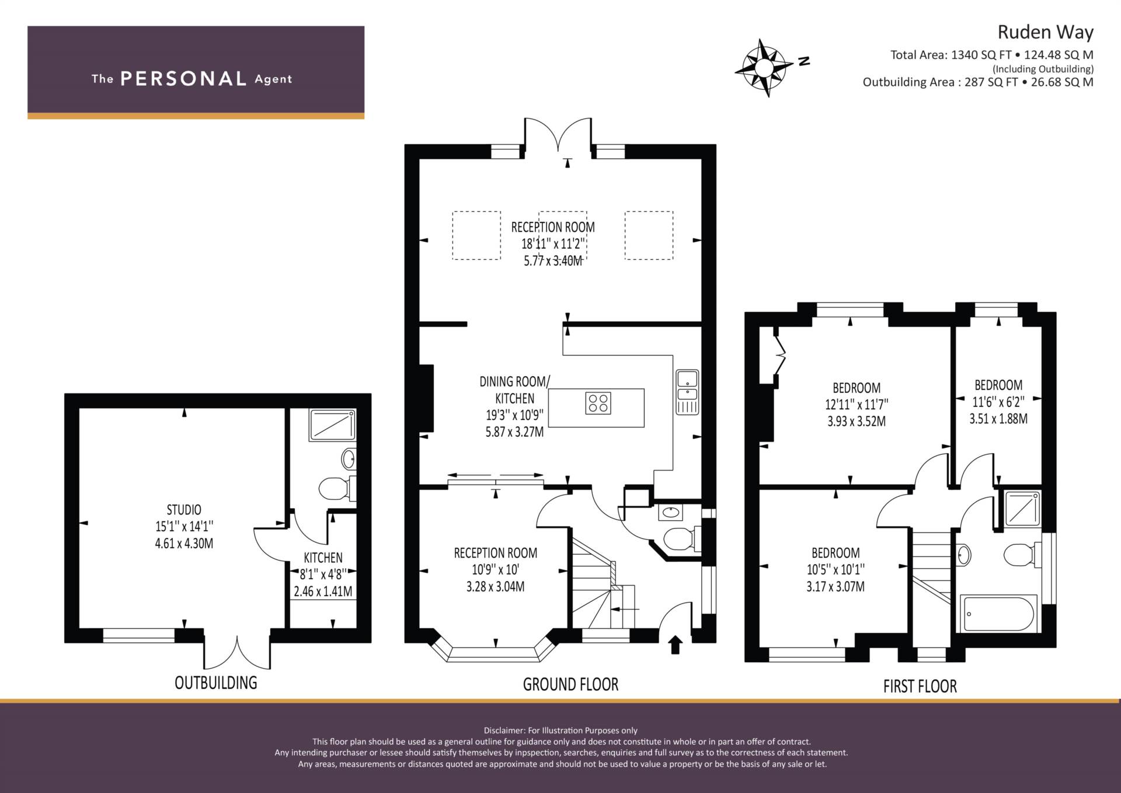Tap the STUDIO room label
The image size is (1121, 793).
tap(184, 510)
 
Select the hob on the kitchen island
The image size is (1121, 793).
tap(598, 403)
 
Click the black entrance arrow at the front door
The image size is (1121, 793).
tap(675, 645)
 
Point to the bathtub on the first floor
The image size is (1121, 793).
tap(998, 614)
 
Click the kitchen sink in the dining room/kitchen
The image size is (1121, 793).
tap(687, 392)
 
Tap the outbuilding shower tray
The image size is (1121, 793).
tap(332, 425)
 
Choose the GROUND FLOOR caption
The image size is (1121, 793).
tap(570, 684)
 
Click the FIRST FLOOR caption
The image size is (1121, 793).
tap(920, 686)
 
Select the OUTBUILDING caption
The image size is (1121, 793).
tap(216, 683)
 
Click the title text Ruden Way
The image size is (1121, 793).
tap(1045, 32)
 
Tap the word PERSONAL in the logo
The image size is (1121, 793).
tap(183, 79)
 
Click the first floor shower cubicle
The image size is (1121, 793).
tap(1022, 508)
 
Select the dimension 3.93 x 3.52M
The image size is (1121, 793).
tap(857, 421)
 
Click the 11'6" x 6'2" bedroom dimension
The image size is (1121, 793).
tap(998, 402)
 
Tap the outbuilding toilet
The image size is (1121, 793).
tap(337, 488)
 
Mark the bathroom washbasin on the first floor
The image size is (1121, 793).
tap(964, 555)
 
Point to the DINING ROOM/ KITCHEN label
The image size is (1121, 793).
tap(514, 390)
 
